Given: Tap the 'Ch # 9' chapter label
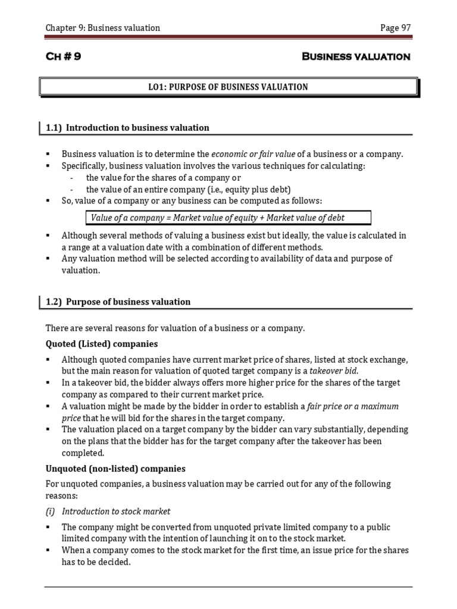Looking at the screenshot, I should click(64, 56).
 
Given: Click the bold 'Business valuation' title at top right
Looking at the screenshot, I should click(356, 56).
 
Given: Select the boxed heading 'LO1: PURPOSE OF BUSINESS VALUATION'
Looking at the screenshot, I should click(228, 87).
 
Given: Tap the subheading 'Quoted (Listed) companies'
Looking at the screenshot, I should click(102, 344).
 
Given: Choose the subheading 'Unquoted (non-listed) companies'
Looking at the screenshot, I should click(115, 468).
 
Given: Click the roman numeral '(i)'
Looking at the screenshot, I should click(51, 511).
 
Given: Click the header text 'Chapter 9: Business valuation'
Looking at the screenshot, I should click(103, 28).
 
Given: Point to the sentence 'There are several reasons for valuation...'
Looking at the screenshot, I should click(175, 328).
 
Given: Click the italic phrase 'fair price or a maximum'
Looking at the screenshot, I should click(353, 406).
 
